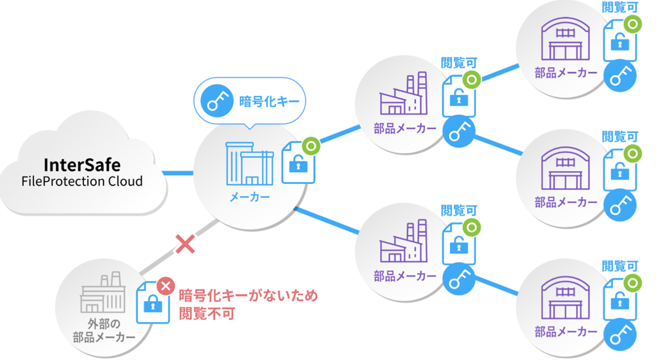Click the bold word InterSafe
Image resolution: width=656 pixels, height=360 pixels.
point(82,164)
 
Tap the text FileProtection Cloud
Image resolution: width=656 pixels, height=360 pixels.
point(82,181)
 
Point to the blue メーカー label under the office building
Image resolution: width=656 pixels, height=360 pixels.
point(249,197)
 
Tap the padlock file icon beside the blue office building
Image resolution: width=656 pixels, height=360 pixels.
point(297,165)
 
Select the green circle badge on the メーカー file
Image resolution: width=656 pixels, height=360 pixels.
point(311,146)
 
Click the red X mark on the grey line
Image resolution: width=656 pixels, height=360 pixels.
point(185,244)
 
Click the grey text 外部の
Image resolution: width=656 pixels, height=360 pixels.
point(104,324)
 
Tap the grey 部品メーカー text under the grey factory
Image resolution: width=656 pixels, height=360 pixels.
point(104,337)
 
